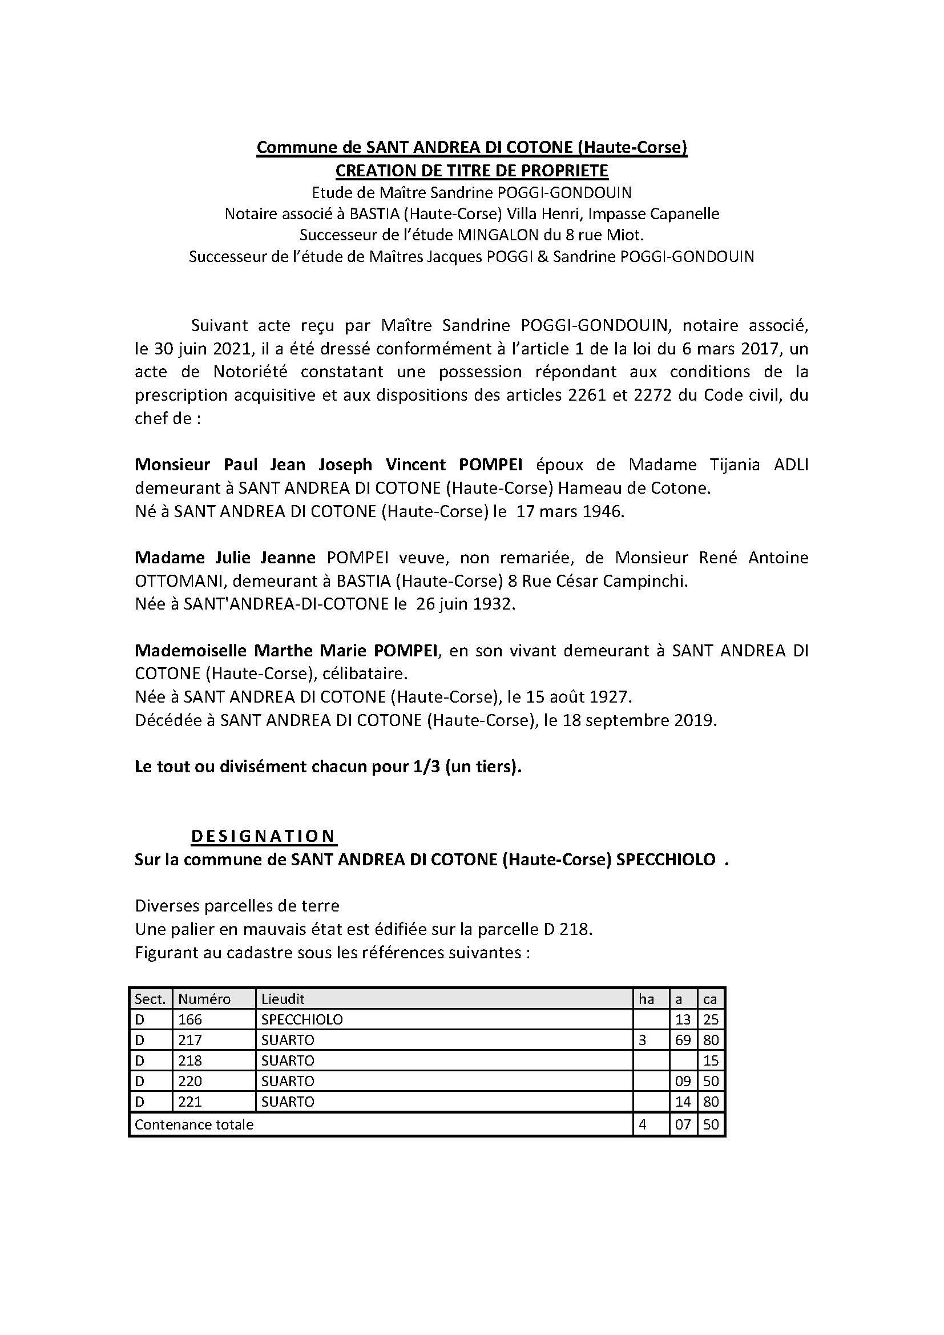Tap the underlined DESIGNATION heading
263,836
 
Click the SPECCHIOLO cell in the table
302,1019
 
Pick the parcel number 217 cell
190,1039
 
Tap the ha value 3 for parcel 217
642,1039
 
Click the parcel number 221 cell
190,1101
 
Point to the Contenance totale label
194,1124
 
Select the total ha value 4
642,1124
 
